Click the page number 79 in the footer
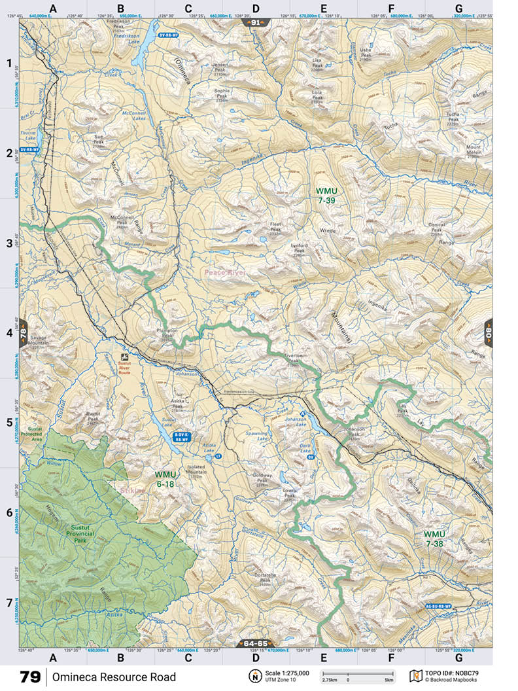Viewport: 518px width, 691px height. [30, 677]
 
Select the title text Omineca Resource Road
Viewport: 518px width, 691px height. [114, 677]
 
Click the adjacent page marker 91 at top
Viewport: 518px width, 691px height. [256, 22]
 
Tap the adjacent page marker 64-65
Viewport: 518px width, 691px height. [256, 643]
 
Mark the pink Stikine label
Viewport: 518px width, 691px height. [133, 488]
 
